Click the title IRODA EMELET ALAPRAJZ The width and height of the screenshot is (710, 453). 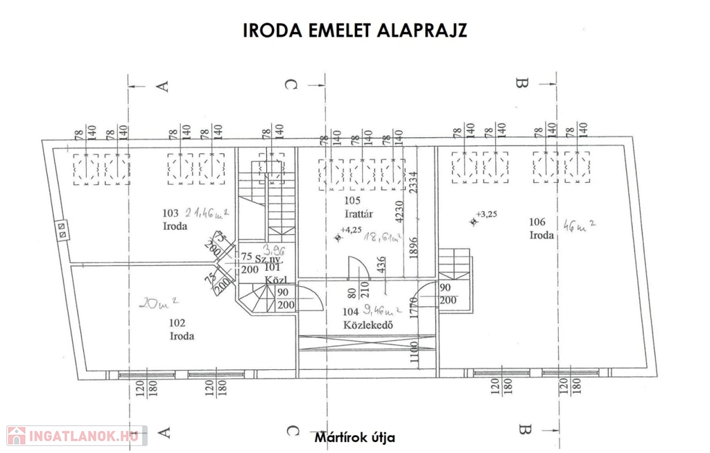pos(355,31)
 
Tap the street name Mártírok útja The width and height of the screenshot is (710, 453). pos(355,438)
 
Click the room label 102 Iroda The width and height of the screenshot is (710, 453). pos(181,329)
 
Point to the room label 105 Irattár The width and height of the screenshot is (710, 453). pos(354,207)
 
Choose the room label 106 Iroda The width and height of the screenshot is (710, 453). pos(542,229)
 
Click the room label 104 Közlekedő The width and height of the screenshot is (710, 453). pos(354,319)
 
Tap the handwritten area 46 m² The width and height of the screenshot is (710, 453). pos(580,225)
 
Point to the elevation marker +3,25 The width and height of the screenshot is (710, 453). pos(486,215)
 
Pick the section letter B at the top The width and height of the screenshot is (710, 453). pos(523,85)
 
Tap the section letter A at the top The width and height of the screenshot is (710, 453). pos(164,85)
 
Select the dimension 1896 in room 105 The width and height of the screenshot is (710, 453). pos(414,248)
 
